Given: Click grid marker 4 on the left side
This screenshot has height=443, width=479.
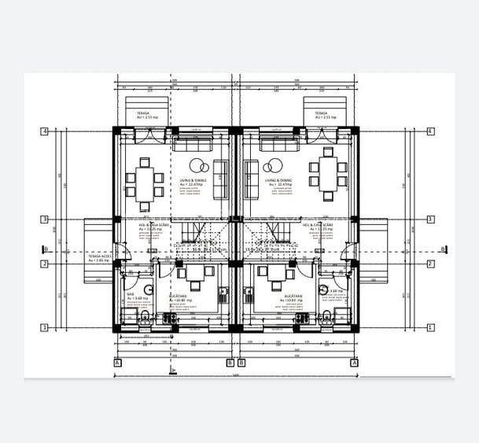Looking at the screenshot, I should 45,131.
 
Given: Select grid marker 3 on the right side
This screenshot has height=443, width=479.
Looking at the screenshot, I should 430,220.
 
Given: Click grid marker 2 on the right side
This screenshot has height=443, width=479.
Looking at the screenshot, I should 430,264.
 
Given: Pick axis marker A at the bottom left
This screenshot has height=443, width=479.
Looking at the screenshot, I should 117,363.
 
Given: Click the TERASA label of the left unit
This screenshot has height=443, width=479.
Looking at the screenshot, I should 143,113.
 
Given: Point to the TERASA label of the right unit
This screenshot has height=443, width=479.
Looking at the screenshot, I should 321,113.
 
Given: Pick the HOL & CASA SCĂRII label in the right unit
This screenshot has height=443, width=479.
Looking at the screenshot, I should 317,225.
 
